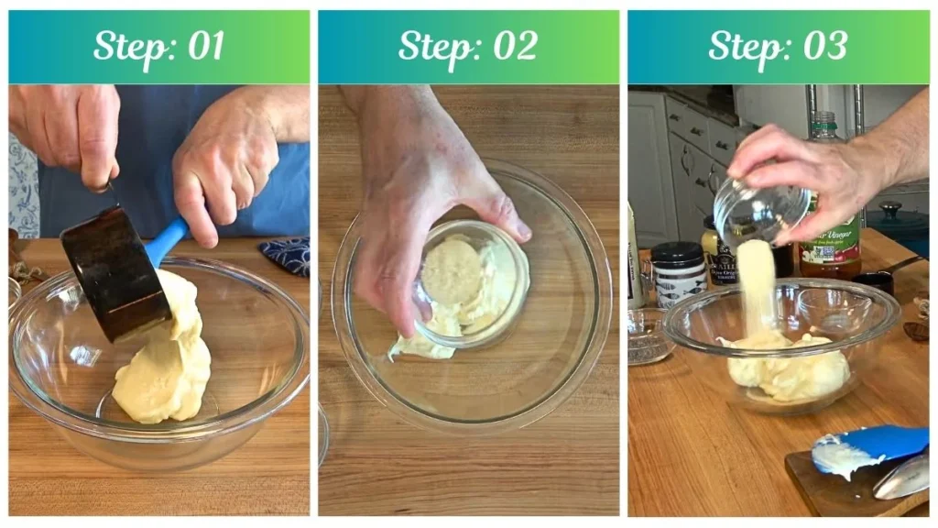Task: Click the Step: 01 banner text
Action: click(158, 46)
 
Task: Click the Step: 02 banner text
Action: click(467, 46)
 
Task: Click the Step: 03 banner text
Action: click(778, 46)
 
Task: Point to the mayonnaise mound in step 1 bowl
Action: click(165, 367)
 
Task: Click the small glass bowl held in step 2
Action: click(472, 280)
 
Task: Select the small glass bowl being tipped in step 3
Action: click(749, 211)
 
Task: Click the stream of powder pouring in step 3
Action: click(759, 284)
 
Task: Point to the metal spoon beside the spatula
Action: click(901, 478)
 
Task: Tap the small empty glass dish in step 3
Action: click(650, 335)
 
